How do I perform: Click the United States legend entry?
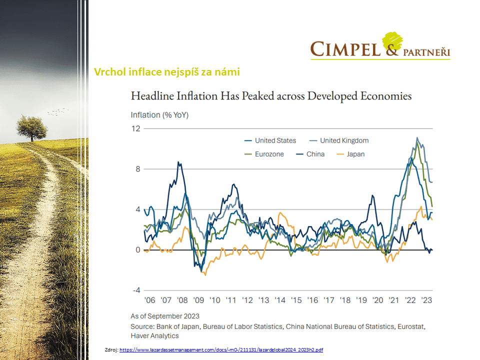tap(275, 140)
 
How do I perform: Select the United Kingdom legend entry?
tap(344, 140)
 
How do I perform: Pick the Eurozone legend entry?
tap(269, 154)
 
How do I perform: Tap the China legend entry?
tap(315, 154)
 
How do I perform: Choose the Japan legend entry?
tap(355, 154)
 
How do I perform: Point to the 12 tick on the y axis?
tap(135, 128)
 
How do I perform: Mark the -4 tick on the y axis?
tap(135, 290)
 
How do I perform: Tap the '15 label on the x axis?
tap(296, 300)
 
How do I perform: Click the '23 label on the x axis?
tap(427, 300)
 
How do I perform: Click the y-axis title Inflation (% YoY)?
tap(160, 115)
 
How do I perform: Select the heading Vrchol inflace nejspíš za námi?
tap(166, 72)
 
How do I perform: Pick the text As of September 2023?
tap(165, 316)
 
